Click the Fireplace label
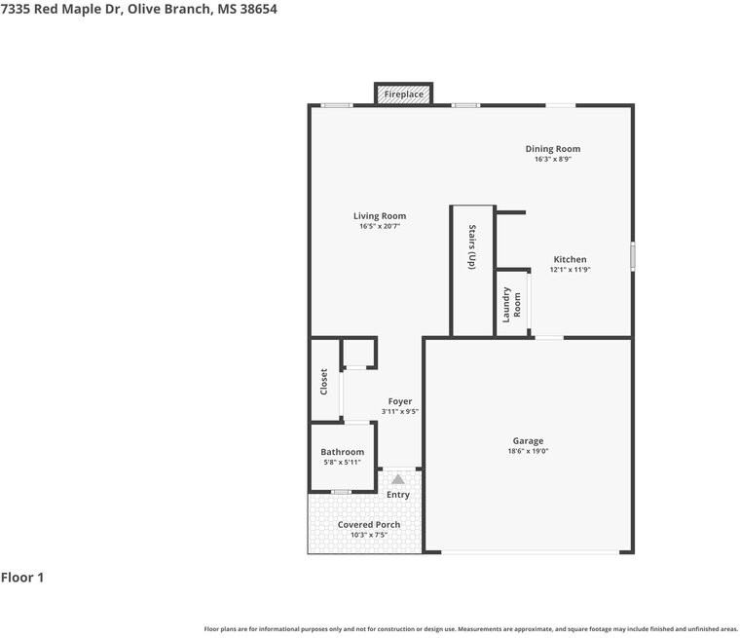click(403, 94)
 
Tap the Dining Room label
click(553, 149)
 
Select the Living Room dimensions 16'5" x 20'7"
click(380, 226)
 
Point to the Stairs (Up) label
click(472, 247)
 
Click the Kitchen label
click(571, 259)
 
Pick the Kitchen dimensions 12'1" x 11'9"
click(571, 270)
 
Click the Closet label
click(323, 382)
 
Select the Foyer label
click(400, 401)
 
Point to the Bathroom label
click(342, 452)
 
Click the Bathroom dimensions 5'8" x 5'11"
click(342, 463)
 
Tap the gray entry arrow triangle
click(398, 479)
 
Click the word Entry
click(398, 495)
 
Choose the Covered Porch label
click(369, 525)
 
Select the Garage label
click(528, 440)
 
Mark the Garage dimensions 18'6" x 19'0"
click(528, 451)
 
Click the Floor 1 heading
click(22, 578)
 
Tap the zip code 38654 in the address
click(259, 10)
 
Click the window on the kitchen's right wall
click(632, 256)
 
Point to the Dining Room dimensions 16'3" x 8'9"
click(553, 159)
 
